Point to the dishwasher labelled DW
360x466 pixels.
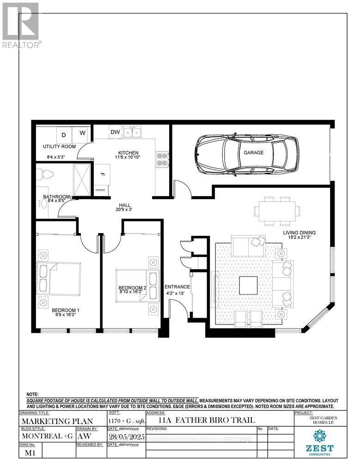click(x=115, y=133)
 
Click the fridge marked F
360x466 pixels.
click(x=101, y=175)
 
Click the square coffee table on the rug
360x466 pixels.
click(x=249, y=285)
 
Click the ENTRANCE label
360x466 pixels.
click(x=177, y=287)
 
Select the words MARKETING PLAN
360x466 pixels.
click(x=57, y=421)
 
